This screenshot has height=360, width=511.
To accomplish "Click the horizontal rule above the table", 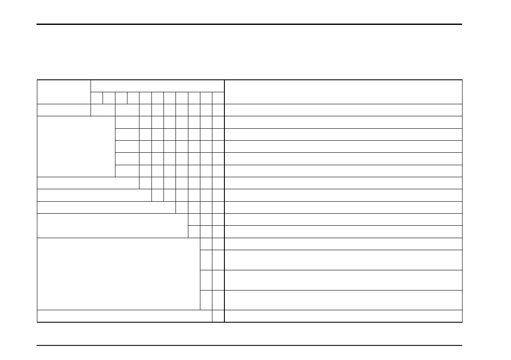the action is [x=249, y=24].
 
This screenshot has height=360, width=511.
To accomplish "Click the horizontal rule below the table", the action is [x=249, y=345].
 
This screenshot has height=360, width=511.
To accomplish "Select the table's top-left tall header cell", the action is [x=64, y=91].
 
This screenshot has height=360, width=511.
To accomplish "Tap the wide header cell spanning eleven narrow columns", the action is [x=157, y=85].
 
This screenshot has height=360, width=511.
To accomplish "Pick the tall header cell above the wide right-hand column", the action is [x=343, y=91].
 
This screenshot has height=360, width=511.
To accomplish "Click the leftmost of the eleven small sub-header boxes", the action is [x=97, y=97].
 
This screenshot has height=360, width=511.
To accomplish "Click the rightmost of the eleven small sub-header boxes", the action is [x=218, y=97].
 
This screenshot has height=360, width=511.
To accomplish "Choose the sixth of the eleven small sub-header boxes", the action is [x=157, y=97].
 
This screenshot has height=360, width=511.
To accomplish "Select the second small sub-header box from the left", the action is [x=109, y=97].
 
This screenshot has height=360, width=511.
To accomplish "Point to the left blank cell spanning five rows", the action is [x=76, y=146].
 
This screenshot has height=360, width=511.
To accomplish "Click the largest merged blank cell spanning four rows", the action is [x=118, y=273].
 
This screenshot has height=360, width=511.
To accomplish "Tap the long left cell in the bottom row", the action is [x=124, y=316].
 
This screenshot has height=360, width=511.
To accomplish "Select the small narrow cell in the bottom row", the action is [x=218, y=316].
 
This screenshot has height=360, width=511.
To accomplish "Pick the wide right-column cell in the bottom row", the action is [x=343, y=316].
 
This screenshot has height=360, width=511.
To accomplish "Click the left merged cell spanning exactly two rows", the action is [x=112, y=225].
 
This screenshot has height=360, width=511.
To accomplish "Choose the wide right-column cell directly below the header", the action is [x=343, y=110].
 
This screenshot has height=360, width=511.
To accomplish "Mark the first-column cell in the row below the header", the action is [x=64, y=110].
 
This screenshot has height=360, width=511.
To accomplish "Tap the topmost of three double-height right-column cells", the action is [x=343, y=260].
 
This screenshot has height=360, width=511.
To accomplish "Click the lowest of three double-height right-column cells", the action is [x=343, y=299].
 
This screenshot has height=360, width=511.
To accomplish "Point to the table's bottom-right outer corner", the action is [x=462, y=322].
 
